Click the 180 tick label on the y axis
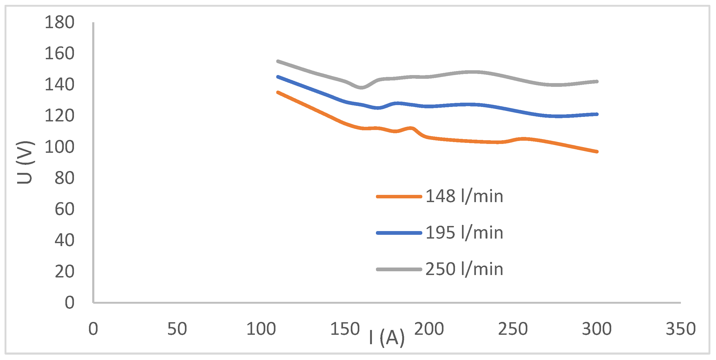click(x=59, y=22)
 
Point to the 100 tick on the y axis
click(x=59, y=147)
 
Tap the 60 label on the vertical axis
click(x=64, y=209)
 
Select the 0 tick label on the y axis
click(x=69, y=302)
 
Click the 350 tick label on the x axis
click(x=680, y=329)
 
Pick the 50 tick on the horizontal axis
click(x=177, y=329)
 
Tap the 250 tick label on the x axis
click(x=513, y=329)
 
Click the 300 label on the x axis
click(x=596, y=329)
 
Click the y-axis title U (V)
click(x=25, y=162)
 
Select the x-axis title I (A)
click(x=387, y=337)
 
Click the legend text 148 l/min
click(x=464, y=196)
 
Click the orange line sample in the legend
click(x=399, y=196)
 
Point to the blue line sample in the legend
click(x=399, y=233)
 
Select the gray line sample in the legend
click(x=399, y=269)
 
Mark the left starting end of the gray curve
click(x=278, y=61)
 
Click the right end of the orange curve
click(x=597, y=151)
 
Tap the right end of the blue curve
click(x=597, y=114)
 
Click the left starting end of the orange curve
click(x=278, y=92)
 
